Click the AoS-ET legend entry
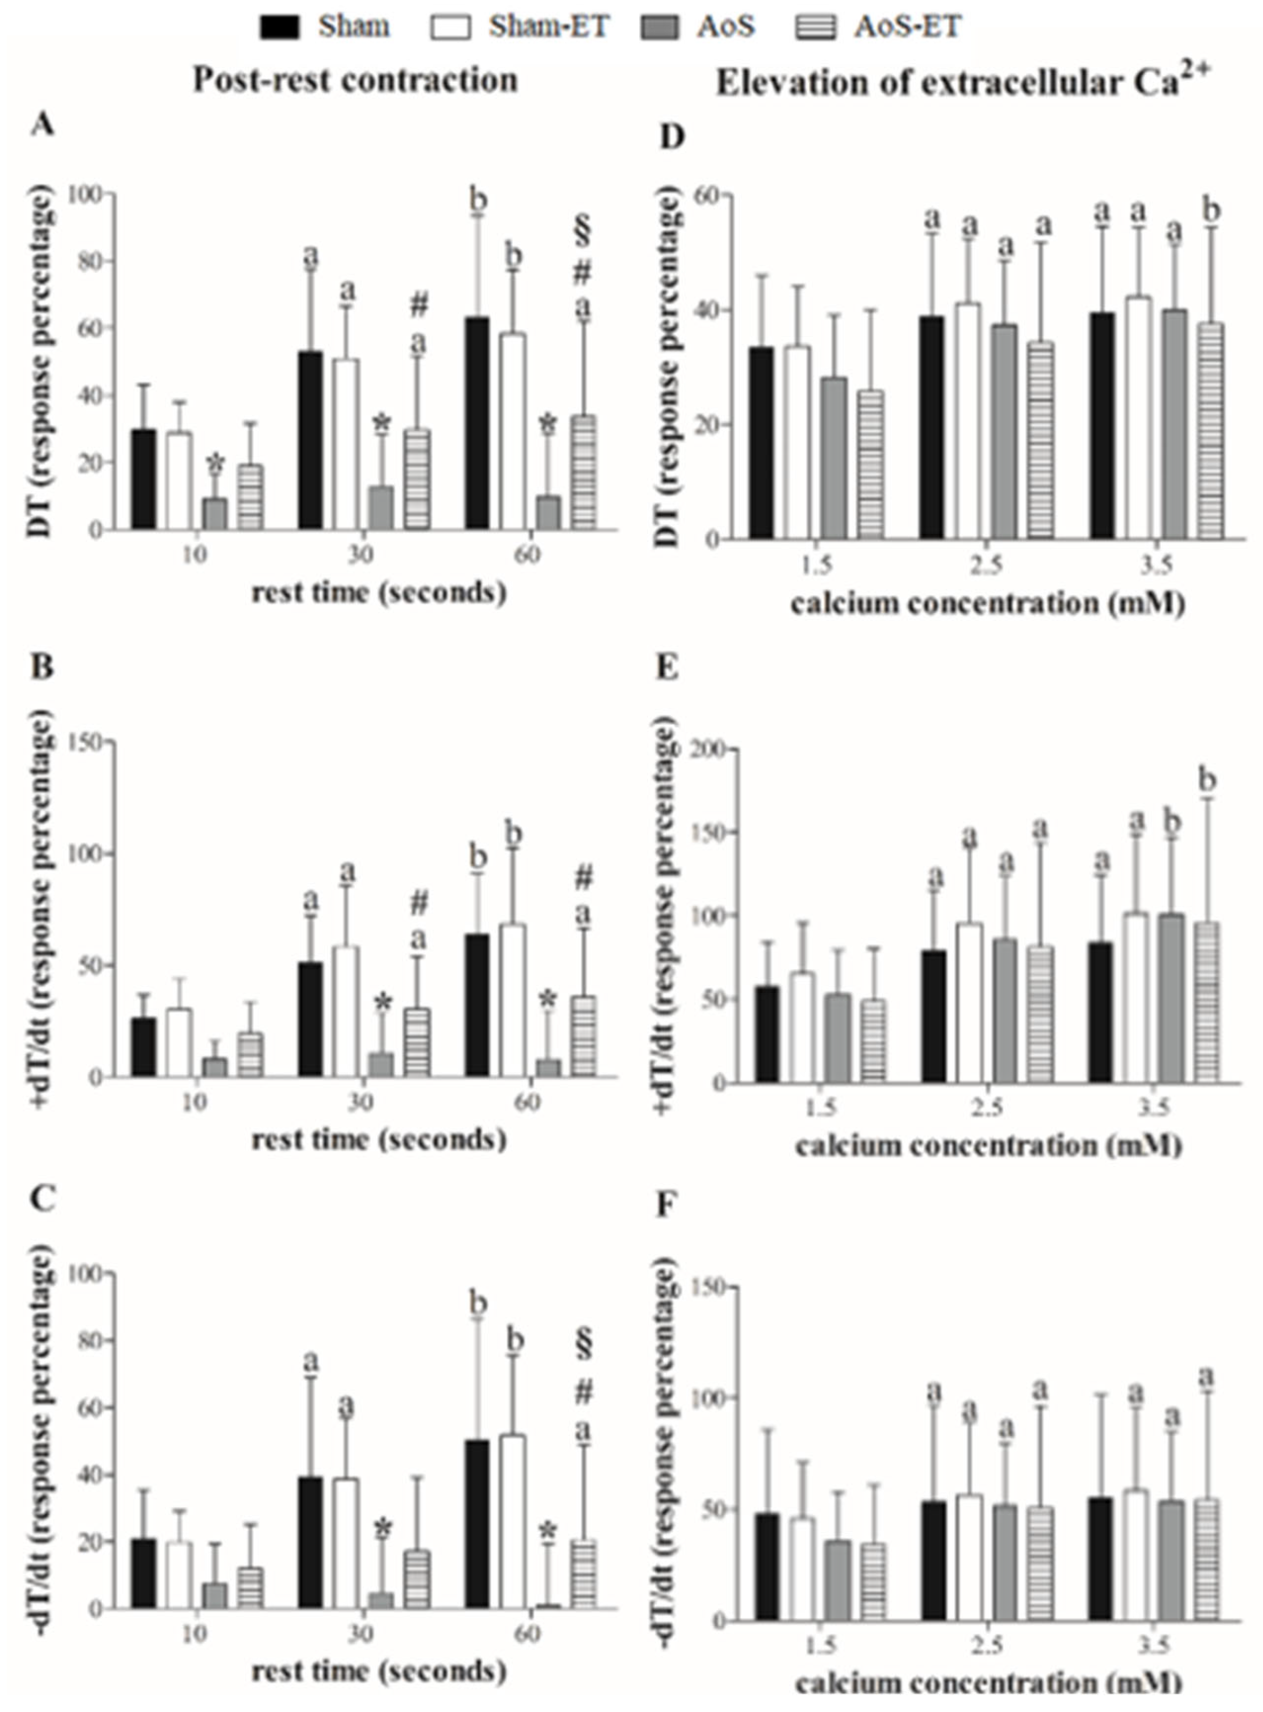tap(907, 27)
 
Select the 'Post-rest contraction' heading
tap(355, 80)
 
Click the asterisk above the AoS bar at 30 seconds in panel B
tap(383, 1003)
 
